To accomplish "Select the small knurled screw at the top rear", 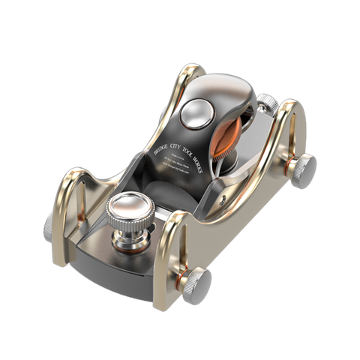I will (x=268, y=102).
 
